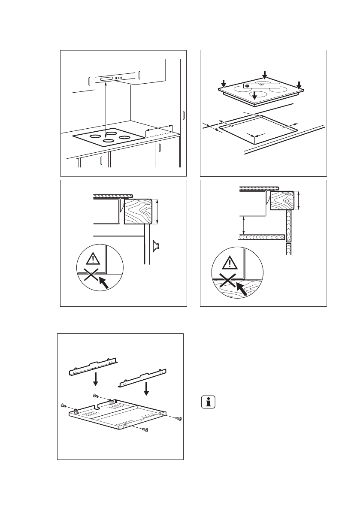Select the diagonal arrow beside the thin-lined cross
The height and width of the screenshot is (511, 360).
(x=103, y=282)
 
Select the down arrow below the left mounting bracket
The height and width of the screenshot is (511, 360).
(x=96, y=378)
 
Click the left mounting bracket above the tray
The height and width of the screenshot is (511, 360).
(x=94, y=366)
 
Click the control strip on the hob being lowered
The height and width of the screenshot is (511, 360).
(x=261, y=86)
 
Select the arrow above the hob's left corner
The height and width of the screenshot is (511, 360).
(x=223, y=82)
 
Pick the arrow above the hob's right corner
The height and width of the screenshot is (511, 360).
(x=299, y=83)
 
